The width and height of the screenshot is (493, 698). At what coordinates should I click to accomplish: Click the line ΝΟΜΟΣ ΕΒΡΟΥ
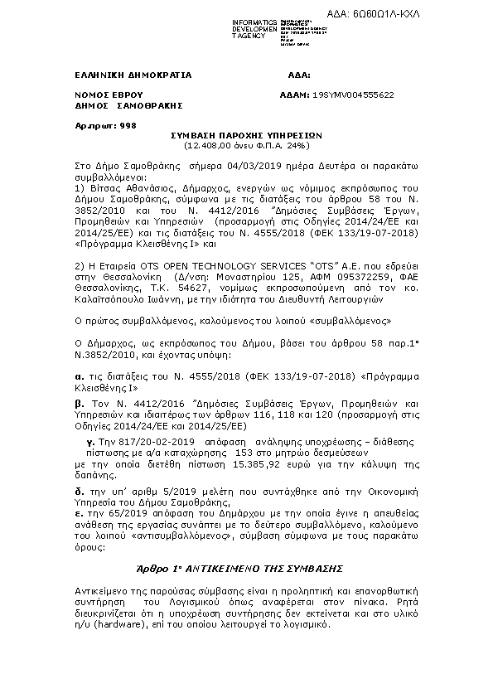(109, 96)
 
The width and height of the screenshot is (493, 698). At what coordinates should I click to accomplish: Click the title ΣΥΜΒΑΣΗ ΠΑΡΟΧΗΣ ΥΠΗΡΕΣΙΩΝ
(247, 134)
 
